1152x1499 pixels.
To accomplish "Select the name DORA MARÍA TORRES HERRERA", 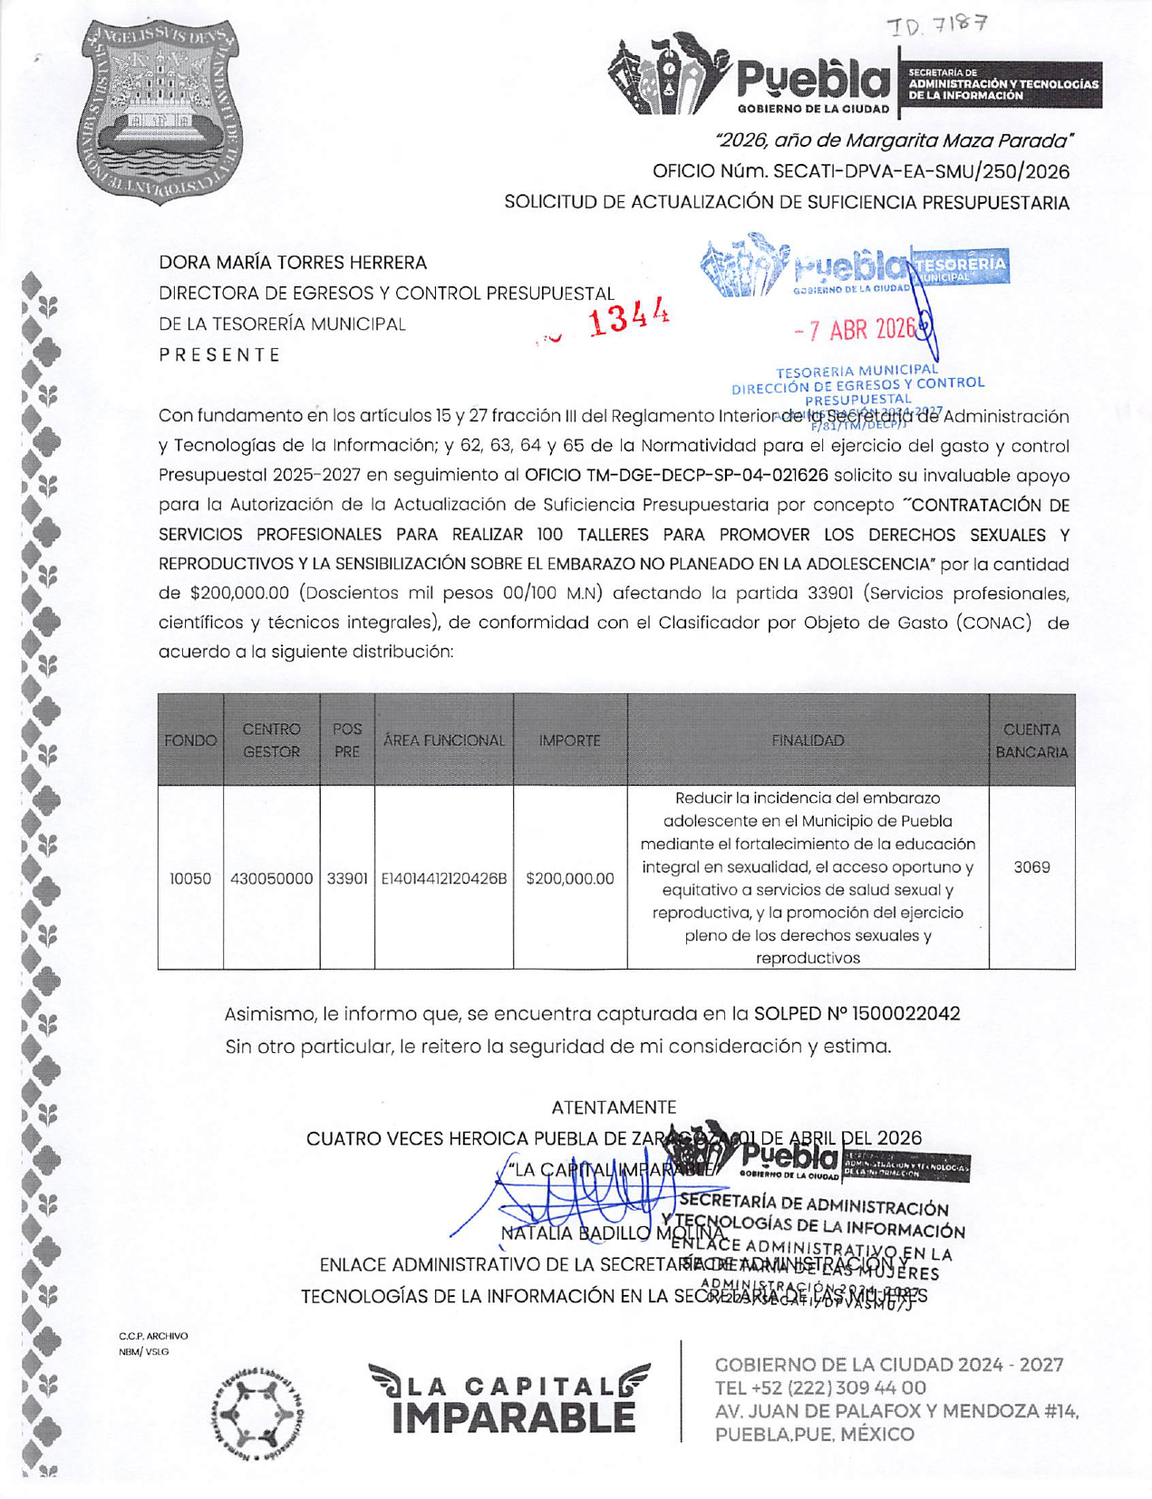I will click(x=293, y=263).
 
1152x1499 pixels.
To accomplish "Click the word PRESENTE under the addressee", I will click(x=219, y=354).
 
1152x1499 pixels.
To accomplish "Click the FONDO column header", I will click(x=190, y=740).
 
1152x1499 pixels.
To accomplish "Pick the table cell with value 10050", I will click(x=190, y=878).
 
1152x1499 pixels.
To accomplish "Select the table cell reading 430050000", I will click(x=272, y=878).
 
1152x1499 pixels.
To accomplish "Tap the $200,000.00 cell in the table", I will click(x=569, y=878).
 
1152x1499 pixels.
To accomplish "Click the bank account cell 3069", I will click(x=1031, y=867).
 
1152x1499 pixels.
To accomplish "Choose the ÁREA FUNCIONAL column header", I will click(x=443, y=740).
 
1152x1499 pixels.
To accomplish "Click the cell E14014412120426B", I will click(x=443, y=878).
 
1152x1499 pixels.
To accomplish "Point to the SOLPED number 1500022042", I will click(x=906, y=1013).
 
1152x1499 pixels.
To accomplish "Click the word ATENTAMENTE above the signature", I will click(x=614, y=1107).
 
